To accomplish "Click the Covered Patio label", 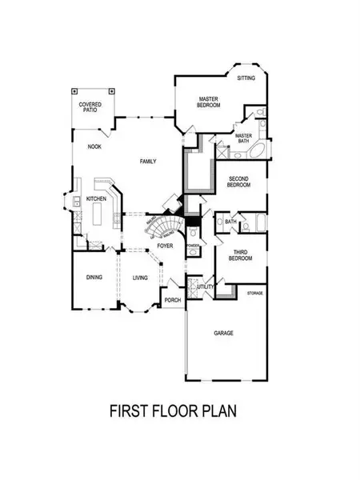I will click(x=90, y=108).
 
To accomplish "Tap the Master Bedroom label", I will click(x=210, y=102).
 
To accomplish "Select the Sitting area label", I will click(x=246, y=78).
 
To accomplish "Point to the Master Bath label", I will click(x=243, y=138).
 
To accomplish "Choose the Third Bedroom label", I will click(x=240, y=256).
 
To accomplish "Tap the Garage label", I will click(x=223, y=332).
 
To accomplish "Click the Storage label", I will click(x=255, y=294).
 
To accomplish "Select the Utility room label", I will click(x=204, y=286).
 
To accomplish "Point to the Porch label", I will click(x=172, y=300).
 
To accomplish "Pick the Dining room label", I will click(x=94, y=278).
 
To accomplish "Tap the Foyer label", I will click(x=165, y=246).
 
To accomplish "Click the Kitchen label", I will click(x=96, y=198).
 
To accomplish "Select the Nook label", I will click(x=94, y=147).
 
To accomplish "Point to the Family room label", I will click(x=147, y=162).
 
